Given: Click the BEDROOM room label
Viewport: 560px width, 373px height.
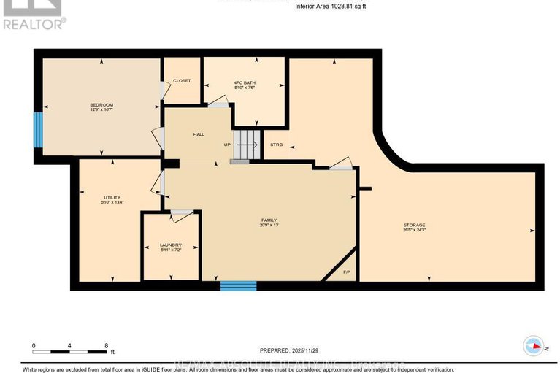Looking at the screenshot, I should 101,107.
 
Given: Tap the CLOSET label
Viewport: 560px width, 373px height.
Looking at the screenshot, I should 182,80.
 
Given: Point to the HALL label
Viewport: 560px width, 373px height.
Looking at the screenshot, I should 199,135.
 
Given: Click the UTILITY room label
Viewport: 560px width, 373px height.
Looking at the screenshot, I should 111,199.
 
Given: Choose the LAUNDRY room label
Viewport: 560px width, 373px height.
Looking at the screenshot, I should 170,247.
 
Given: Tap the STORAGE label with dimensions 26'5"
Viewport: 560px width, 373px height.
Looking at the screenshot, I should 414,227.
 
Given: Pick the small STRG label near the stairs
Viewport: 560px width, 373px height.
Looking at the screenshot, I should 276,145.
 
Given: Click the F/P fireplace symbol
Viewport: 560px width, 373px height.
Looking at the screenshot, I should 347,274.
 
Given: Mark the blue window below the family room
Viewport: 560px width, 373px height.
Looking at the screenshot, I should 239,286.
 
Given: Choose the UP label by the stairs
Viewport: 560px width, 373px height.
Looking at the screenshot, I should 228,145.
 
